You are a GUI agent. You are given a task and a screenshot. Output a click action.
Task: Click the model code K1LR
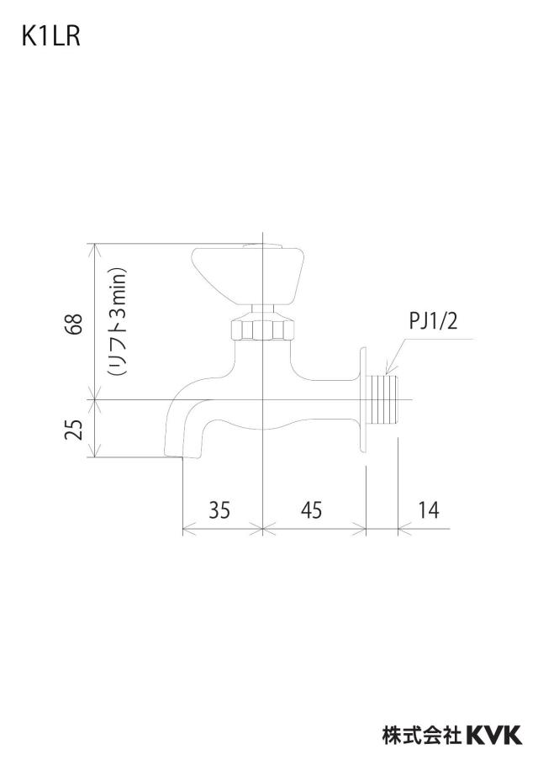tap(50, 36)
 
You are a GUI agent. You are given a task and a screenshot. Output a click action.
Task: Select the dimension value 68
tap(76, 324)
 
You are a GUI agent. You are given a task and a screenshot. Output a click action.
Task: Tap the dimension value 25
tap(74, 430)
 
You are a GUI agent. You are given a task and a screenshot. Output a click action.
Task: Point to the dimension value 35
tap(219, 510)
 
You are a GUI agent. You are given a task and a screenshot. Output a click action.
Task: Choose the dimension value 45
tap(311, 510)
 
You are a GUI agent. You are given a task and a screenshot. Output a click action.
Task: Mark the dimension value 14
tap(429, 510)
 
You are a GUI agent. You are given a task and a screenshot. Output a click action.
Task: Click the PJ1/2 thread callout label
tap(433, 321)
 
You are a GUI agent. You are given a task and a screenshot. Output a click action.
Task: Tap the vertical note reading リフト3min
tap(118, 322)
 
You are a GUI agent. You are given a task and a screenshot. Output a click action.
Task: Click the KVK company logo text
tap(494, 734)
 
